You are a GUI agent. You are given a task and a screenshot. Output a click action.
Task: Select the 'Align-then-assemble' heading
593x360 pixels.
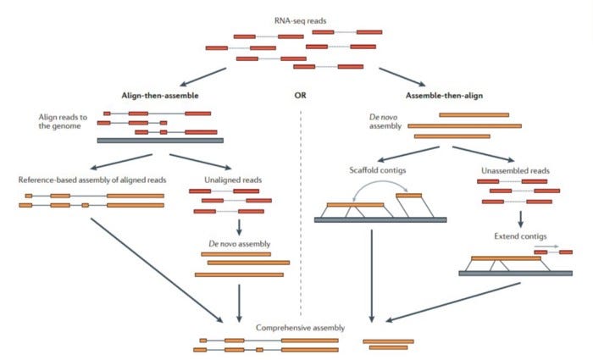point(160,96)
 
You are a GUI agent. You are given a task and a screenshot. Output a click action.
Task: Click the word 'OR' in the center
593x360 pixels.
point(300,96)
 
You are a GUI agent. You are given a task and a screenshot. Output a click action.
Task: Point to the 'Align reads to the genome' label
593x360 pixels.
point(58,120)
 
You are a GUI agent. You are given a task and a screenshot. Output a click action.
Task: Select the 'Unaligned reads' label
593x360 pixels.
point(230,180)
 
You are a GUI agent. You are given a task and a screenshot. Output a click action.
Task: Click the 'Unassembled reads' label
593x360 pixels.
point(516,169)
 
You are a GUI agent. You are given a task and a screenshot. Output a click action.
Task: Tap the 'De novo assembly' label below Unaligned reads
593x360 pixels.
point(239,244)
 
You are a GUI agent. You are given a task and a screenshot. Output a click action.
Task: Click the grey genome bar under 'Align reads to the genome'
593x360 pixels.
point(160,141)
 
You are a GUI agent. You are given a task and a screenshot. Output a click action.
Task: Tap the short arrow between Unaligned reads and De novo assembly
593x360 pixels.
point(239,227)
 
